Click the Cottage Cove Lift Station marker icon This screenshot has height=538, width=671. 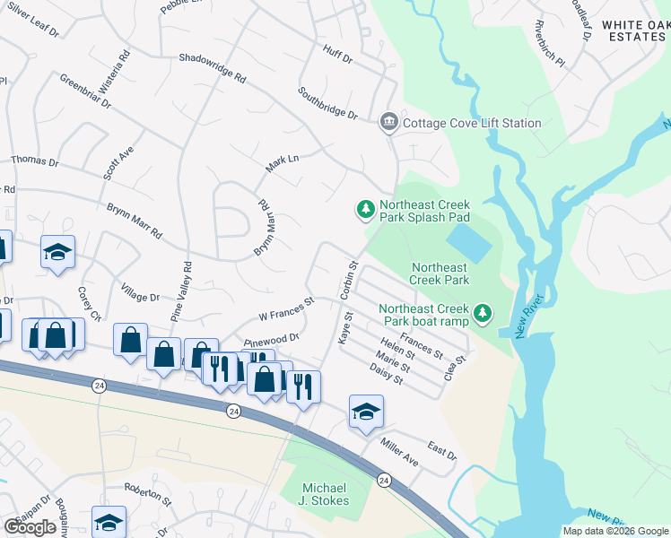(388, 123)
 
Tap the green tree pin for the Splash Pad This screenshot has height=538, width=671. (365, 210)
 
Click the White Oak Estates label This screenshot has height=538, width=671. (635, 30)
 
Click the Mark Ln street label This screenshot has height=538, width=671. (282, 163)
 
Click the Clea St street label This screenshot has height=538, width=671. (456, 369)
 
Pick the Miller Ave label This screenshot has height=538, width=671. (398, 454)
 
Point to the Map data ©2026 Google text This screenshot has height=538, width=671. (614, 531)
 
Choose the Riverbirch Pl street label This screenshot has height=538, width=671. (548, 44)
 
